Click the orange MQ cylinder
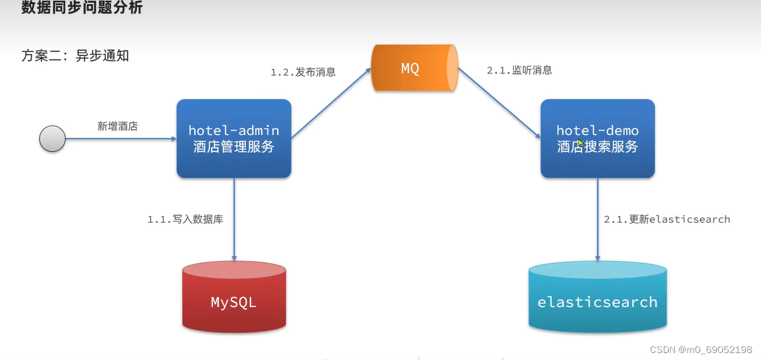coord(414,68)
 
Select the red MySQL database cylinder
coord(234,298)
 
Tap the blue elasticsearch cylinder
coord(597,298)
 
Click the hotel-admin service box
coord(234,138)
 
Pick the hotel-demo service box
coord(597,138)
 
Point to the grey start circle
coord(52,139)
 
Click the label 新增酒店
coord(117,126)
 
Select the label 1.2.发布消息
coord(303,72)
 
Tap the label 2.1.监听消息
coord(519,70)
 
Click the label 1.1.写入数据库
coord(185,219)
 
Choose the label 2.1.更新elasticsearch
coord(667,219)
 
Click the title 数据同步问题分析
coord(82,8)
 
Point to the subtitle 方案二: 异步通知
coord(75,56)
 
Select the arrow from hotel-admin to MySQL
coord(234,219)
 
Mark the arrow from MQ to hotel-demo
coord(498,103)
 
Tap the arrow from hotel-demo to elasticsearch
coord(598,219)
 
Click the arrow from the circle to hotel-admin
coord(120,139)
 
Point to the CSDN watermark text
coord(701,350)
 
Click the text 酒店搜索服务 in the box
coord(597,147)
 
